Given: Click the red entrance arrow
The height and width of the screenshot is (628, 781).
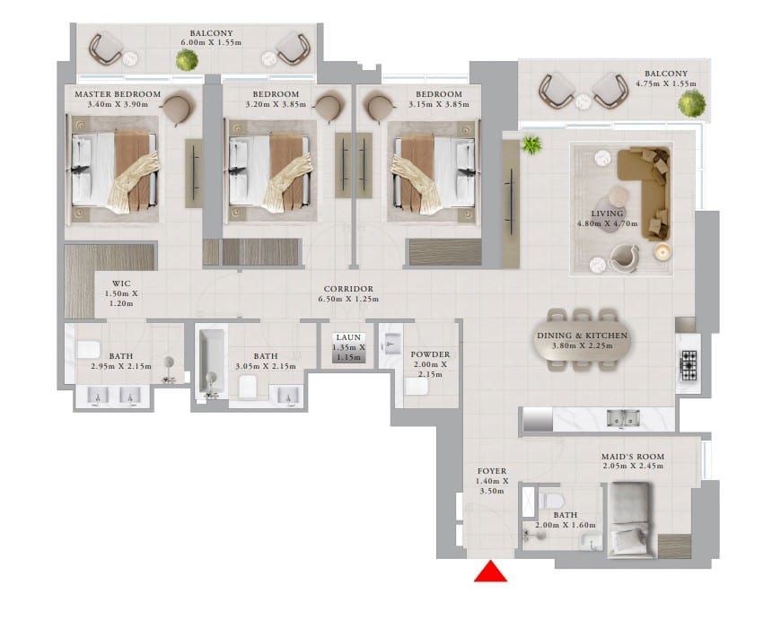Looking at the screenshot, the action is [490, 571].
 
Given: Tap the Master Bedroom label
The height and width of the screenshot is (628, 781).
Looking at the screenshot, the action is [118, 94].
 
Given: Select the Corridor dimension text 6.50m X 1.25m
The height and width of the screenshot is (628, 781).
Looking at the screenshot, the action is [348, 299].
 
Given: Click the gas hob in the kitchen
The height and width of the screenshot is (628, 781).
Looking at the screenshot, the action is [689, 366].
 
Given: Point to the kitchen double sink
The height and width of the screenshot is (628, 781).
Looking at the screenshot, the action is [623, 418].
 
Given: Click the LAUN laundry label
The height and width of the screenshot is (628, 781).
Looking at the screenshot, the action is [348, 337].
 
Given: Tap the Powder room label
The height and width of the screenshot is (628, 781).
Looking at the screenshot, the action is [430, 354].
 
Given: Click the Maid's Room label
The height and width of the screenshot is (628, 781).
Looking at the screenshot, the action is [633, 457].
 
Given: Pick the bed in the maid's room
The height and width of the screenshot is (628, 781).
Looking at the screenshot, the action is [629, 519].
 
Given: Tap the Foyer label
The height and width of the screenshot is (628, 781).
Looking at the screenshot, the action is [492, 471].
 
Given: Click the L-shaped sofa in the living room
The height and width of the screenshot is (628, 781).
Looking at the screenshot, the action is [644, 193].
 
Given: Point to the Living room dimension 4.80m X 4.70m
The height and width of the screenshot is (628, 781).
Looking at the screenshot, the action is [607, 223].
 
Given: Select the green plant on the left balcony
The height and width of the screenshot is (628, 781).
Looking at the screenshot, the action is [187, 60].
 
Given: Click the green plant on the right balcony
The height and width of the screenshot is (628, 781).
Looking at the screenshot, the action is [691, 103].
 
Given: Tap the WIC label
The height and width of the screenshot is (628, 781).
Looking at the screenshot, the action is [121, 283].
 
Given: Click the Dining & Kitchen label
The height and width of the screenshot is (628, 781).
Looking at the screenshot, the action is [582, 336].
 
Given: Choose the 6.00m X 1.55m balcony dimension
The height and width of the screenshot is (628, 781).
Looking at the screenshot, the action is [211, 43].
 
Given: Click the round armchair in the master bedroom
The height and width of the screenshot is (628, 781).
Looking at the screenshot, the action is [177, 109].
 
